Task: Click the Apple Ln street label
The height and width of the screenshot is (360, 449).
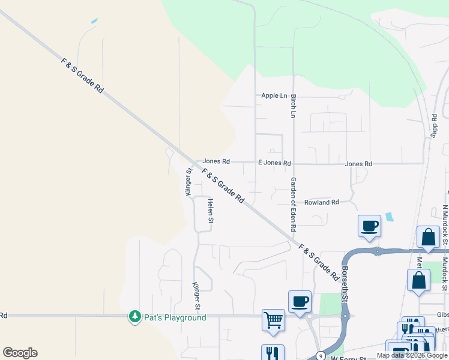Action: click(274, 95)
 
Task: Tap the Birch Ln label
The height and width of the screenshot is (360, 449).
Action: click(294, 106)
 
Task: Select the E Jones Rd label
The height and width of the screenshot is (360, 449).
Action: click(274, 163)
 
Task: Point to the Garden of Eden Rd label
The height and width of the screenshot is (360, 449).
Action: click(294, 205)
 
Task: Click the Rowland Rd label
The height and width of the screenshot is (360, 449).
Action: click(322, 202)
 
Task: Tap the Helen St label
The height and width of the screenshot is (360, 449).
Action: click(211, 211)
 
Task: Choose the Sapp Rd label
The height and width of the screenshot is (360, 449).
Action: click(433, 126)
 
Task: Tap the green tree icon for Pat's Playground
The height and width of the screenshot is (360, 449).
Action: click(135, 317)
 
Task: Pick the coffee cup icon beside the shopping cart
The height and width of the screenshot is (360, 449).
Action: click(300, 301)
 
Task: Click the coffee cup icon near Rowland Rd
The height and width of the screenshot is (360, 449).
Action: click(369, 226)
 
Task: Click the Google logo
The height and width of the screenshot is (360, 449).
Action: click(20, 353)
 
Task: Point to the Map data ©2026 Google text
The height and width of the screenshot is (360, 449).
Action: click(412, 355)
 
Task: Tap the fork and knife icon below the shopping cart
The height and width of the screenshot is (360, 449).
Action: click(273, 353)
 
